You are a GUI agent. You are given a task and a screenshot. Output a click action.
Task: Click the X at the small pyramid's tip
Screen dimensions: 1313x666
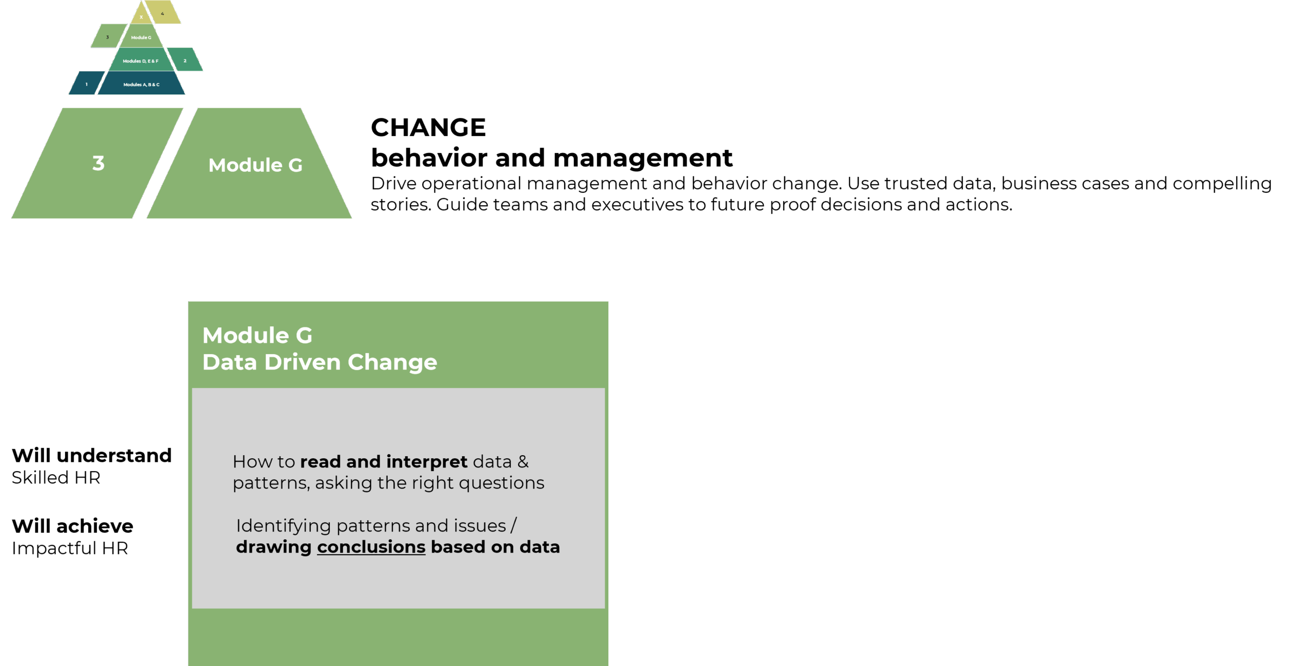coord(141,17)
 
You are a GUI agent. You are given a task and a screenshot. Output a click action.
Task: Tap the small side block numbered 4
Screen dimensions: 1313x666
coord(163,12)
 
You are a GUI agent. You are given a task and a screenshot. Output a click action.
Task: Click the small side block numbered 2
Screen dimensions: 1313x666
coord(185,60)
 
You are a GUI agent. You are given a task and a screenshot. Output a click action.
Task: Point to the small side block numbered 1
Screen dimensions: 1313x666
coord(87,83)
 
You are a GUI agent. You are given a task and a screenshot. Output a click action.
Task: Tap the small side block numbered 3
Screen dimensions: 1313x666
coord(108,36)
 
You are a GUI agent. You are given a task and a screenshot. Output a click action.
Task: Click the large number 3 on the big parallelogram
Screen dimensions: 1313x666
coord(98,163)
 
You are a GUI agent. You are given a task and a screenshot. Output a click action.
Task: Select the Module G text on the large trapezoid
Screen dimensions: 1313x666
coord(255,165)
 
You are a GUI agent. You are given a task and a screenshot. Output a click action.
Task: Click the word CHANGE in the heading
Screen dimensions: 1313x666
coord(428,127)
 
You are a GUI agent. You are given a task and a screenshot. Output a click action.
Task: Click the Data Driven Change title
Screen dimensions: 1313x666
coord(320,362)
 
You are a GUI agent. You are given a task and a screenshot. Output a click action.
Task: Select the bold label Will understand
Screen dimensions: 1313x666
coord(92,455)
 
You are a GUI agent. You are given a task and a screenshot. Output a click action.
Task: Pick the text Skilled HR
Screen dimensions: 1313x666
coord(56,478)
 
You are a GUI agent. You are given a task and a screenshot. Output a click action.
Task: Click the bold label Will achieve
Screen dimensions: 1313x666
coord(72,526)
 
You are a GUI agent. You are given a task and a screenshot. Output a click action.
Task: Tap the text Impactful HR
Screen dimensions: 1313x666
coord(70,549)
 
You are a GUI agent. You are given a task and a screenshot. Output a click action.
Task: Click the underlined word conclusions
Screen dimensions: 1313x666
coord(371,547)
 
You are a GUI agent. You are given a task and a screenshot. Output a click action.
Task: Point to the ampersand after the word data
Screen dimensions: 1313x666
coord(523,462)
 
